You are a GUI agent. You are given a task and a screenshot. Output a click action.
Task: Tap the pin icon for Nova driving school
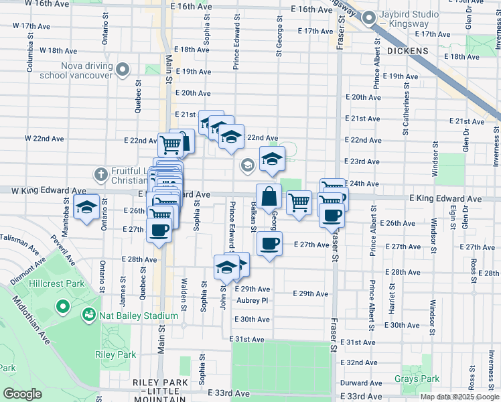click(x=122, y=70)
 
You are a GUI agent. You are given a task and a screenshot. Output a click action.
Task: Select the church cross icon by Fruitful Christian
click(x=100, y=175)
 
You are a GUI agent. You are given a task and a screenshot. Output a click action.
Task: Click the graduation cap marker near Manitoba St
click(x=86, y=208)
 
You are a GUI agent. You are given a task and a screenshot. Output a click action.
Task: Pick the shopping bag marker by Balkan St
click(x=269, y=197)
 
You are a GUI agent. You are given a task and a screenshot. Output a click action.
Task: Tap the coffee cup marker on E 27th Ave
click(x=269, y=244)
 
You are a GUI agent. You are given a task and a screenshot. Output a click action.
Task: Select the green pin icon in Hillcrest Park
click(x=63, y=308)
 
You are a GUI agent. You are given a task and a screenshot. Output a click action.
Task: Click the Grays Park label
click(x=417, y=379)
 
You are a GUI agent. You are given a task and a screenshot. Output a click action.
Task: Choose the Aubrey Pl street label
click(x=252, y=301)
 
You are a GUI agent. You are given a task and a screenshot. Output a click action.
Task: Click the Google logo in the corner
click(x=22, y=394)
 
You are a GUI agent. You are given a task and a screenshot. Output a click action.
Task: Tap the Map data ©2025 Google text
click(x=459, y=397)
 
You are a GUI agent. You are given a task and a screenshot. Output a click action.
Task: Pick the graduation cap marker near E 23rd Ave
click(x=272, y=159)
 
